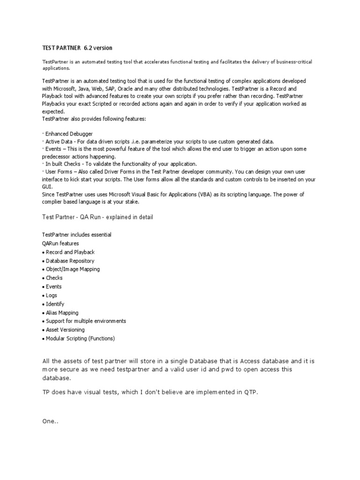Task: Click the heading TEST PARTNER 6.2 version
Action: [77, 48]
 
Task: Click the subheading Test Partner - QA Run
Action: [97, 217]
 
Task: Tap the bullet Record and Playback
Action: [70, 252]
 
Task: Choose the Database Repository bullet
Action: [70, 261]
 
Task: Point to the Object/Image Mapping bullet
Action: [73, 269]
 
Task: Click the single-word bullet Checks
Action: [54, 278]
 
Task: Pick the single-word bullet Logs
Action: [52, 295]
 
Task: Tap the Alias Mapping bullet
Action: [62, 313]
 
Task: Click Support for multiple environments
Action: [86, 321]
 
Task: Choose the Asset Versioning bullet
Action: [65, 330]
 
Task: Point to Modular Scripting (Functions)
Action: [80, 338]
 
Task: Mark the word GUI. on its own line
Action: [47, 186]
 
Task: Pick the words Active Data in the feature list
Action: [59, 142]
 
